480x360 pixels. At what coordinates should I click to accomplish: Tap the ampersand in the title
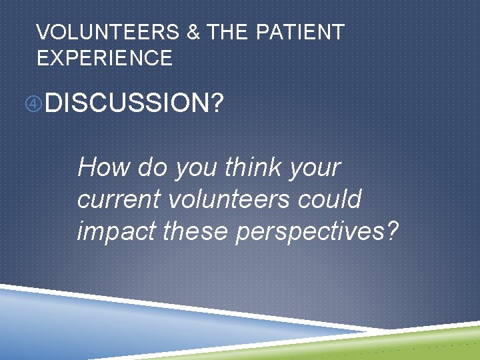coord(193,32)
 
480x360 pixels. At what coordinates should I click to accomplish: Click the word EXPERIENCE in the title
coord(105,58)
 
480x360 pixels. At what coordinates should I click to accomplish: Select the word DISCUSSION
coord(127,103)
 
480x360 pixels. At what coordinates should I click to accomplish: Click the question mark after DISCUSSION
coord(216,103)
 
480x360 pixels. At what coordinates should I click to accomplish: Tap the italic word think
coord(254,167)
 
